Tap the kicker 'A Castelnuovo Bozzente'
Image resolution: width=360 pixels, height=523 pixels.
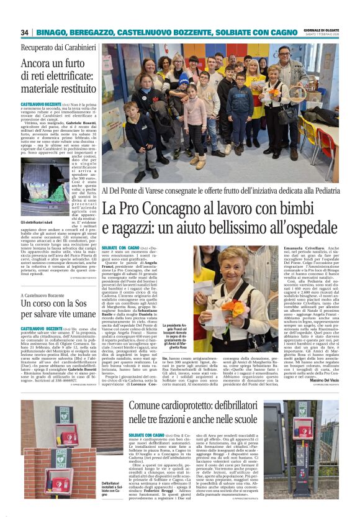click(x=47, y=296)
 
